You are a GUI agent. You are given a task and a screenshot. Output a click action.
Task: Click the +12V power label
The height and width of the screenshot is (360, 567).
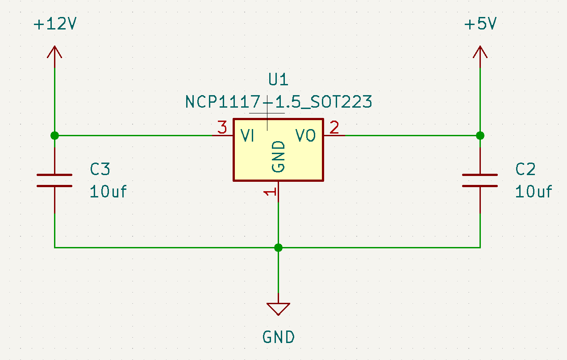pos(55,24)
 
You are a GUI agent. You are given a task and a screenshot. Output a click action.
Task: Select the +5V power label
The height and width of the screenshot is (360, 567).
pos(480,24)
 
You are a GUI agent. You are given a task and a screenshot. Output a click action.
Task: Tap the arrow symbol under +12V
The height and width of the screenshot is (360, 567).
pos(54,52)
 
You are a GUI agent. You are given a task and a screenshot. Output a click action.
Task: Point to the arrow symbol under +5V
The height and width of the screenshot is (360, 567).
pos(480,52)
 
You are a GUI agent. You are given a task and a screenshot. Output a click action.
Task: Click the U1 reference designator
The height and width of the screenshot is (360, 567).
pos(278,80)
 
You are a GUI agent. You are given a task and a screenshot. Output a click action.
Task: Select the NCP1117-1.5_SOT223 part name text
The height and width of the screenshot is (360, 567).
pos(279,102)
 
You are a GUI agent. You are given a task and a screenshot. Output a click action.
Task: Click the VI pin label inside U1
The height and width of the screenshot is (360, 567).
pos(247,135)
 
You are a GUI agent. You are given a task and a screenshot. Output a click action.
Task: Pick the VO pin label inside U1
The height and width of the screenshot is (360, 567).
pos(305,135)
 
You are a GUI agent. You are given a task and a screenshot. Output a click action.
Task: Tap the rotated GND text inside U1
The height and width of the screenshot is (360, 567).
pos(278,157)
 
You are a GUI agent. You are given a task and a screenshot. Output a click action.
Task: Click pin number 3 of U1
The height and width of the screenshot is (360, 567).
pos(222,127)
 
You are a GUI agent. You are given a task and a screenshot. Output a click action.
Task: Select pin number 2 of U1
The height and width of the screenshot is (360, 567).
pos(334,127)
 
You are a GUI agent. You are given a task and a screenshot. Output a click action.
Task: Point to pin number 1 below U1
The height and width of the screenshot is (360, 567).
pos(270,192)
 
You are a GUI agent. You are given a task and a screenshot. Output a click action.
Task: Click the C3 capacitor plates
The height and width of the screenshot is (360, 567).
pos(54,180)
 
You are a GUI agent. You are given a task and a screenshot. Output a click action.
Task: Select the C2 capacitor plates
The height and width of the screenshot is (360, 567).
pos(480,180)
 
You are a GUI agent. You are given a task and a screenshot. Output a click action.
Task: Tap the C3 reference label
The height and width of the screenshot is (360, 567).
pos(100,169)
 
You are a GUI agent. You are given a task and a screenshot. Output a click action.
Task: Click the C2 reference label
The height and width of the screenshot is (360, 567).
pos(525,169)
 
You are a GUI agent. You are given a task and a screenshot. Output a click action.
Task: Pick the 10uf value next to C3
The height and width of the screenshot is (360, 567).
pos(108,192)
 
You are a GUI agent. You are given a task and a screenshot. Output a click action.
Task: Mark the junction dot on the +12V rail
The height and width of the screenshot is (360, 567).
pos(54,135)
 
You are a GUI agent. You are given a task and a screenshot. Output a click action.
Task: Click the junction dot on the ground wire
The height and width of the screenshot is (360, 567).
pos(278,247)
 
